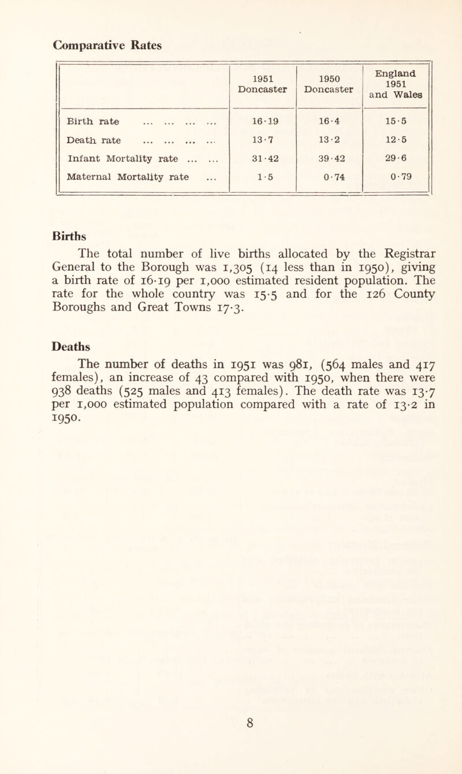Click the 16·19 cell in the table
click(263, 121)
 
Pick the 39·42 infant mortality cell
click(329, 158)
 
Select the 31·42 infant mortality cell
click(263, 158)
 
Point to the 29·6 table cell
click(396, 158)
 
